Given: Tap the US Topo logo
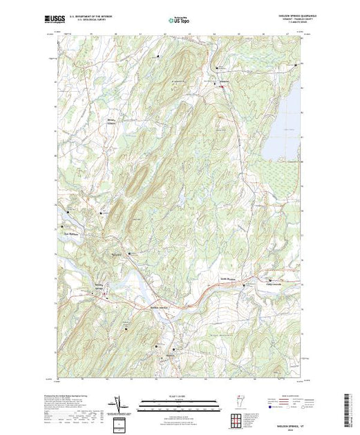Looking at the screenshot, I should click(x=179, y=20).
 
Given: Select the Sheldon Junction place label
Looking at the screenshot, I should click(x=160, y=307).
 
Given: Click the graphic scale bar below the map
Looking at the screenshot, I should click(x=176, y=405).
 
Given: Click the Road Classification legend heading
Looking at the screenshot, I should click(x=285, y=397).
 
